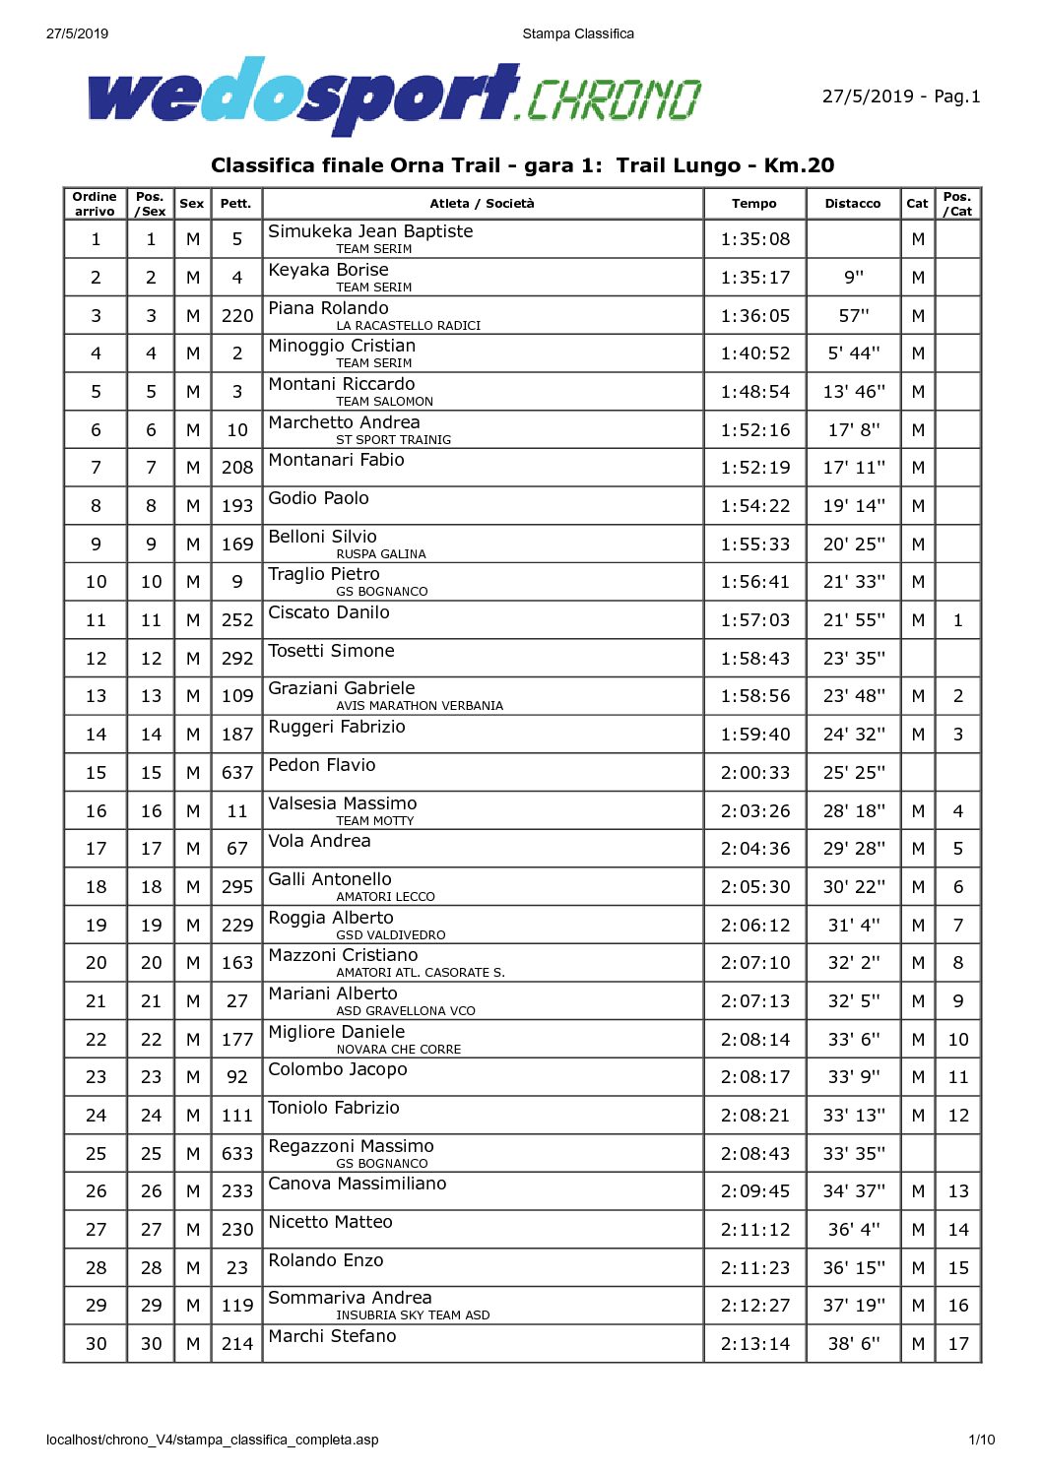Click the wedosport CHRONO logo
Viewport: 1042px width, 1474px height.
[394, 96]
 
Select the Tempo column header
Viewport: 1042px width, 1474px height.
[754, 204]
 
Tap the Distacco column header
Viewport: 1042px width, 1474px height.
[853, 204]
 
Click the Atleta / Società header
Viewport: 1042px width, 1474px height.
[482, 204]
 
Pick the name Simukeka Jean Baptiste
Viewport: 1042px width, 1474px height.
[370, 231]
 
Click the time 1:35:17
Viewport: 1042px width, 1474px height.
[754, 278]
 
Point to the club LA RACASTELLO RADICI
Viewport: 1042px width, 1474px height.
[408, 326]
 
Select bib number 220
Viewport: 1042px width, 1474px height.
[237, 316]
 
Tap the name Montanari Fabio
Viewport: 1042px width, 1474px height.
[336, 460]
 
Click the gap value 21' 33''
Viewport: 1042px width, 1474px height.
[854, 582]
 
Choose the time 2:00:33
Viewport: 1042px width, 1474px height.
[754, 773]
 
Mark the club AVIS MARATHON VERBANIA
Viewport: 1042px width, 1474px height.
[420, 706]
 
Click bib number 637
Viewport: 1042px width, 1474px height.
[237, 773]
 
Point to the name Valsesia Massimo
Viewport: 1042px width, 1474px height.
[343, 803]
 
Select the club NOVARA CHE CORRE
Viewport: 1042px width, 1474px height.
[398, 1050]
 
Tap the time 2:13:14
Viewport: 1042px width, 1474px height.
[754, 1344]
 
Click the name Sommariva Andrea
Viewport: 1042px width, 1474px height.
[350, 1298]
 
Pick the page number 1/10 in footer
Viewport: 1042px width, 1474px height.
[981, 1440]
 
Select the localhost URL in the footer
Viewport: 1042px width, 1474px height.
[212, 1440]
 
